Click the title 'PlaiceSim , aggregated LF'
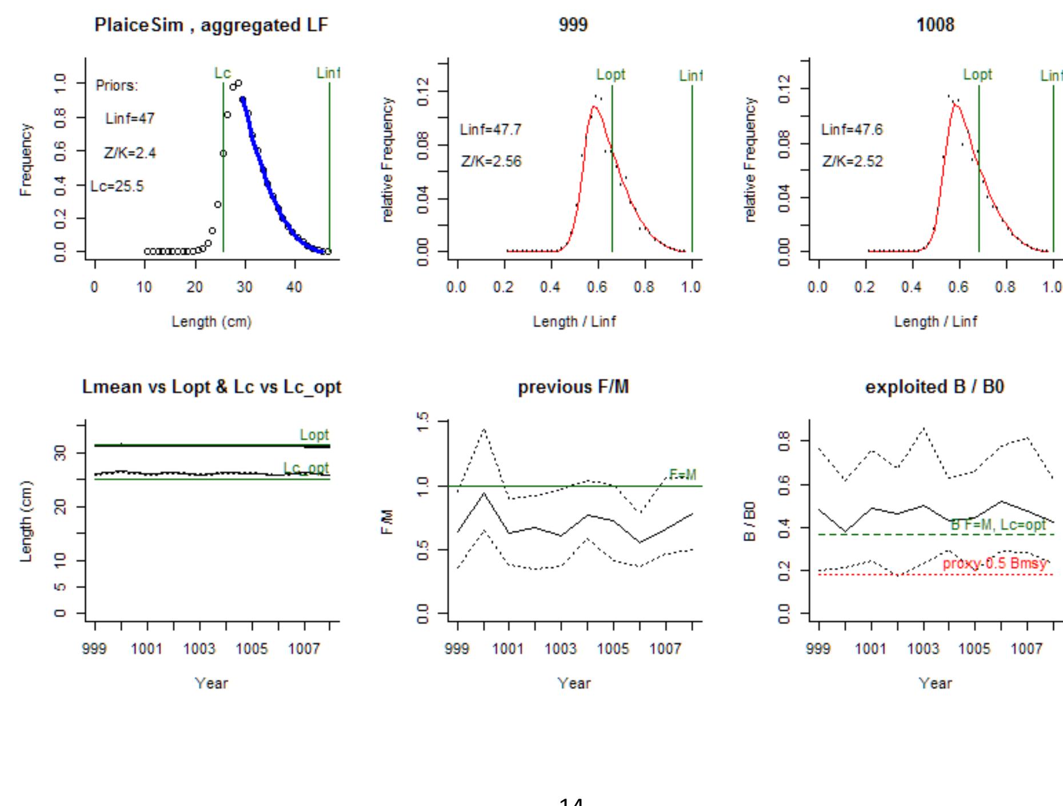pyautogui.click(x=211, y=26)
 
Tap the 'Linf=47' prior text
pyautogui.click(x=130, y=119)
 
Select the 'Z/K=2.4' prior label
pyautogui.click(x=130, y=153)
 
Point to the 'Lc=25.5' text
pyautogui.click(x=117, y=186)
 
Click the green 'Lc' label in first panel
pyautogui.click(x=222, y=73)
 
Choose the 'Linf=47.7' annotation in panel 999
pyautogui.click(x=490, y=130)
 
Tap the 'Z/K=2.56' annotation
pyautogui.click(x=491, y=162)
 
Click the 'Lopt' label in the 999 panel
pyautogui.click(x=611, y=75)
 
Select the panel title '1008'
pyautogui.click(x=935, y=25)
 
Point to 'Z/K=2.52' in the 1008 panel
pyautogui.click(x=852, y=162)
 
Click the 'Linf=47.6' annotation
pyautogui.click(x=852, y=130)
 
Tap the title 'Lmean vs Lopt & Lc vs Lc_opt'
pyautogui.click(x=211, y=387)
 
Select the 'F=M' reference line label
pyautogui.click(x=683, y=475)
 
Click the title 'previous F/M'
pyautogui.click(x=573, y=387)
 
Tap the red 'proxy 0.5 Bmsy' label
pyautogui.click(x=994, y=563)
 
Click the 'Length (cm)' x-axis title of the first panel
pyautogui.click(x=211, y=322)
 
